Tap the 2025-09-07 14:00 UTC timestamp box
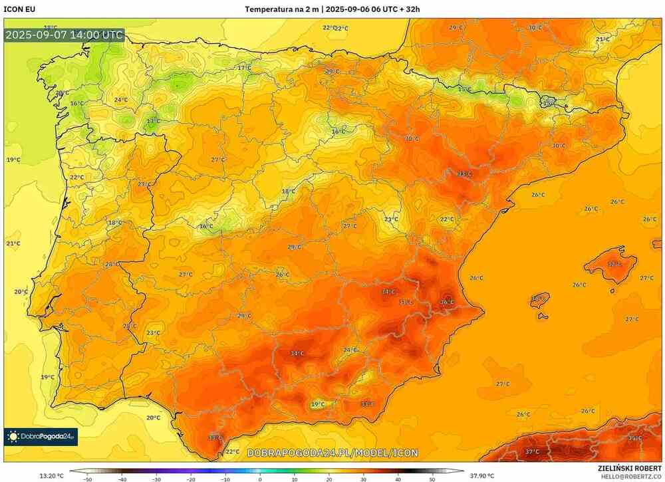[63, 35]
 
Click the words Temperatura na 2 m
[282, 9]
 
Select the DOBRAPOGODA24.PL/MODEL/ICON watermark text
[332, 453]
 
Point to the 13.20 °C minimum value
[52, 475]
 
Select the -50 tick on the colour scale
[87, 478]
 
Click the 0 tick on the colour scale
[260, 478]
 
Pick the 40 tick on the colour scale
[398, 478]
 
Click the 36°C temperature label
[448, 302]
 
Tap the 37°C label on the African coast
[533, 452]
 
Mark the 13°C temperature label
[153, 121]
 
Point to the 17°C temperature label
[245, 68]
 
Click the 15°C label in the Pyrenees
[465, 89]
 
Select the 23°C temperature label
[153, 333]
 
